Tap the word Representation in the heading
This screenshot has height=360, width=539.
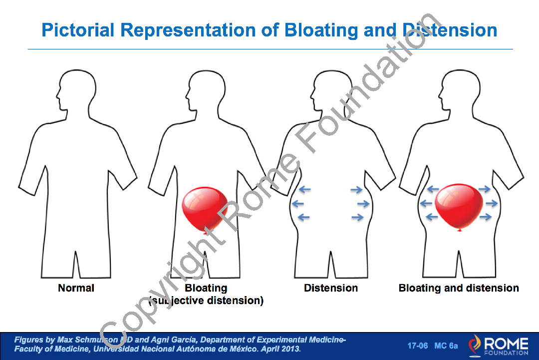pyautogui.click(x=188, y=30)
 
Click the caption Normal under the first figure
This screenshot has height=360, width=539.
pyautogui.click(x=76, y=288)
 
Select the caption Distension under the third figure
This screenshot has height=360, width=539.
pyautogui.click(x=331, y=288)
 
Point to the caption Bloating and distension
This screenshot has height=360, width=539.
pyautogui.click(x=459, y=288)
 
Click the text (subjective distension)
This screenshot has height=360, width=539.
pyautogui.click(x=206, y=301)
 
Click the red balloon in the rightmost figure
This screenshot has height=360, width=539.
pyautogui.click(x=459, y=205)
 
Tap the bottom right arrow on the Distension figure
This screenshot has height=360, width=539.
pyautogui.click(x=357, y=217)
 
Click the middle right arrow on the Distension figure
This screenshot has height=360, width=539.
pyautogui.click(x=363, y=204)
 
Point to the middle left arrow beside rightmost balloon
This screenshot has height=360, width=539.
pyautogui.click(x=426, y=203)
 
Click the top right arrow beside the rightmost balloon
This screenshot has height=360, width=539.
pyautogui.click(x=485, y=189)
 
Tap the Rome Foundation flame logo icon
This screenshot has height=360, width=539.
pyautogui.click(x=476, y=345)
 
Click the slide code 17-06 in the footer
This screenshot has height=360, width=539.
pyautogui.click(x=418, y=346)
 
